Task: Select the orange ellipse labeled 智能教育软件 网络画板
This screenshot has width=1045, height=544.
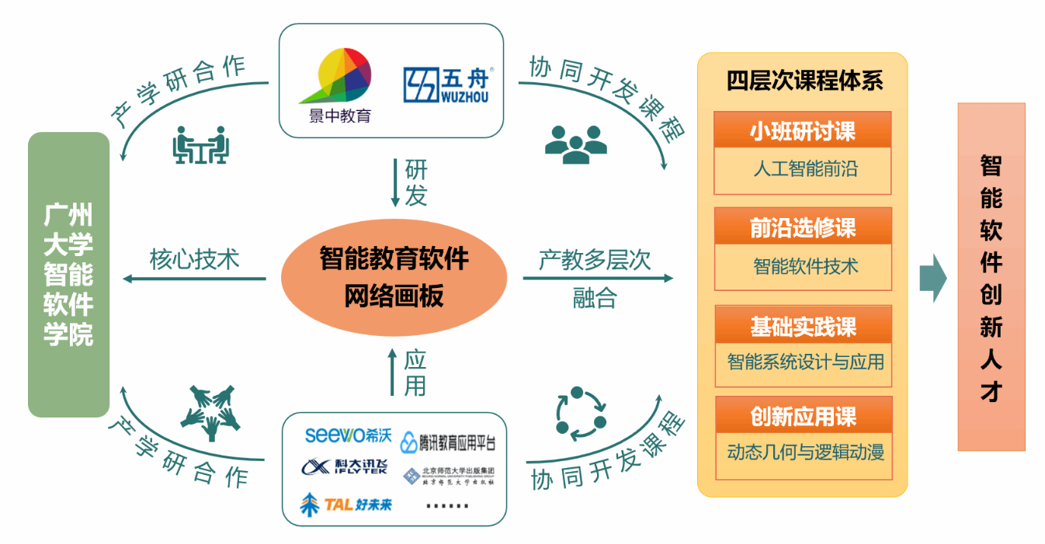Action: pyautogui.click(x=394, y=277)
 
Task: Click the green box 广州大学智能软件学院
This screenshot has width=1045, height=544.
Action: pyautogui.click(x=68, y=275)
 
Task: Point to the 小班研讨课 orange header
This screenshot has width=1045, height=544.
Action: pyautogui.click(x=802, y=131)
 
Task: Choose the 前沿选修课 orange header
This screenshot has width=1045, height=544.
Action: pyautogui.click(x=802, y=227)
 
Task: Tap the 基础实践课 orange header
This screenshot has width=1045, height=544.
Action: pyautogui.click(x=802, y=326)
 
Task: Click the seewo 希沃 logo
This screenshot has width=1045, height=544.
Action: pyautogui.click(x=347, y=435)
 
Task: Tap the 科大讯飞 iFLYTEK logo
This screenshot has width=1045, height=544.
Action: pyautogui.click(x=344, y=467)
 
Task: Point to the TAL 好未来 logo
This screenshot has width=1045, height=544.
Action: pyautogui.click(x=346, y=504)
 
